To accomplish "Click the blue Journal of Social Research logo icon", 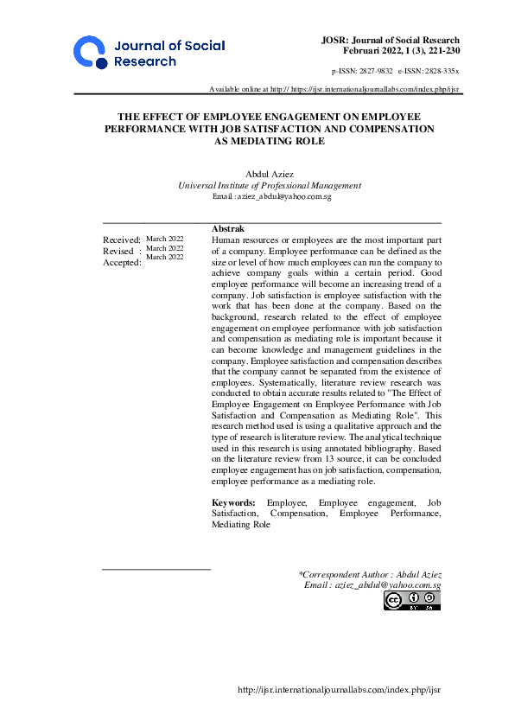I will pyautogui.click(x=91, y=53).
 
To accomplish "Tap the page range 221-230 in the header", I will pyautogui.click(x=441, y=51).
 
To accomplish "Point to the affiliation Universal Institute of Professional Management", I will pyautogui.click(x=269, y=185).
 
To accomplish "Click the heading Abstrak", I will pyautogui.click(x=226, y=227).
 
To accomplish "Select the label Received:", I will pyautogui.click(x=122, y=239).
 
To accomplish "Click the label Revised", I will pyautogui.click(x=118, y=251).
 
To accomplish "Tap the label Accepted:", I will pyautogui.click(x=122, y=262).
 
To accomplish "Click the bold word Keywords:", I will pyautogui.click(x=233, y=501).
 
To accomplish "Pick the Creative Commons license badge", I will pyautogui.click(x=413, y=600).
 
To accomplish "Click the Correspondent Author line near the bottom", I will pyautogui.click(x=370, y=574).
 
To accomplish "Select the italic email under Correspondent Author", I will pyautogui.click(x=372, y=585).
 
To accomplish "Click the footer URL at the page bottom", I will pyautogui.click(x=339, y=689).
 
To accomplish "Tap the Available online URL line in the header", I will pyautogui.click(x=334, y=90).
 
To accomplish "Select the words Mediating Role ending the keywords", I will pyautogui.click(x=241, y=524).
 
